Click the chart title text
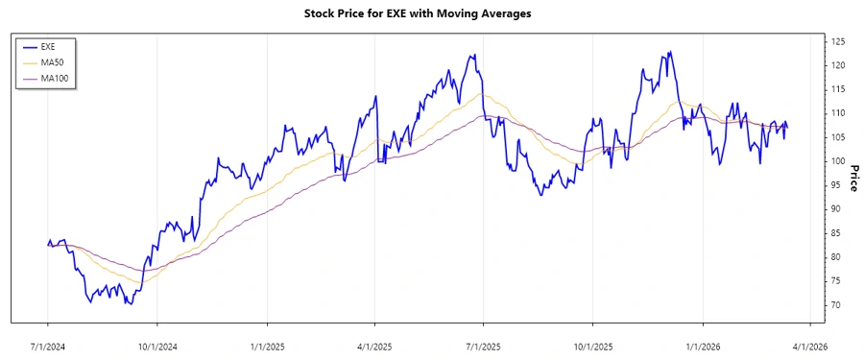431,13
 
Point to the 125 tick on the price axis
838,41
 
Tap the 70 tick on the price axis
836,305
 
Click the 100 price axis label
838,161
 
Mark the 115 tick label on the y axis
838,89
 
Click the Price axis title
853,179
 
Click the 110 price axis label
838,113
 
